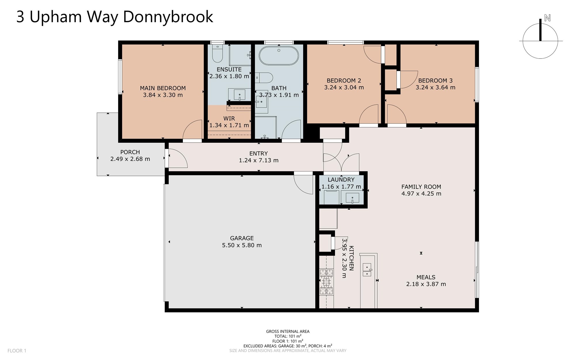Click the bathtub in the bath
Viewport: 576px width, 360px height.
click(x=278, y=55)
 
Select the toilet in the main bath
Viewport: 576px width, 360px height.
click(x=264, y=78)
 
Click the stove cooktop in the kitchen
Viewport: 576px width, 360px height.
click(x=326, y=282)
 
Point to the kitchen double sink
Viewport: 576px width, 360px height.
click(x=367, y=270)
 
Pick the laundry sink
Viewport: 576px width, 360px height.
click(x=352, y=198)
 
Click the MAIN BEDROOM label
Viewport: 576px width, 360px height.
click(x=163, y=88)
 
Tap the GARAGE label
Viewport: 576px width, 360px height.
click(x=242, y=238)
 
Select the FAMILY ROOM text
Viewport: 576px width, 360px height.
click(x=421, y=187)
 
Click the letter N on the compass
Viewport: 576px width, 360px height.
click(x=547, y=18)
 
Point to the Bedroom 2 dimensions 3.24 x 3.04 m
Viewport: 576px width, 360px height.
click(x=344, y=87)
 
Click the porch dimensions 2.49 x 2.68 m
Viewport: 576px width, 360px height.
click(x=130, y=159)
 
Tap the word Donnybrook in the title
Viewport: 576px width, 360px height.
click(x=168, y=17)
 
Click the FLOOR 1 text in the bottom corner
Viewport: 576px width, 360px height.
click(x=17, y=351)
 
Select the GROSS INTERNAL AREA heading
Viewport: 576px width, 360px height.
click(x=288, y=331)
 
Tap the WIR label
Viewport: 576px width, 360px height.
click(x=229, y=118)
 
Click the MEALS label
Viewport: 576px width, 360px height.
click(x=426, y=277)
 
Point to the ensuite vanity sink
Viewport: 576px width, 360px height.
click(x=239, y=95)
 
